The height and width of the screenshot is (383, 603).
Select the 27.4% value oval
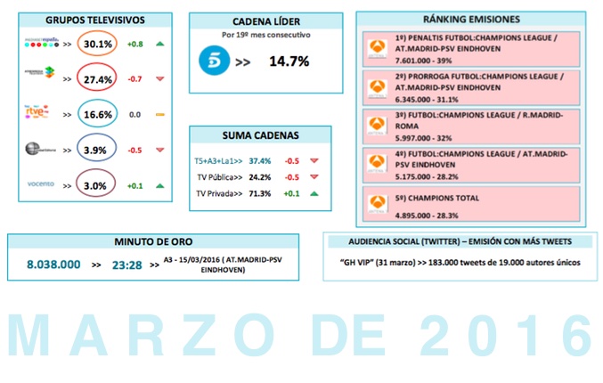[99, 79]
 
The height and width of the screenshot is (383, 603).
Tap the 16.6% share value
[99, 114]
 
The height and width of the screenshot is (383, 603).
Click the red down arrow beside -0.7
[160, 79]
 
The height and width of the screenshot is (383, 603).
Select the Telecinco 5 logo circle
[211, 61]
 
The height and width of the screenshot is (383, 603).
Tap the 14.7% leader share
[289, 61]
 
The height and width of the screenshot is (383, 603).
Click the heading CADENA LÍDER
[265, 23]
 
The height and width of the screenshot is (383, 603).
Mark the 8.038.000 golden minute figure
[53, 265]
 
